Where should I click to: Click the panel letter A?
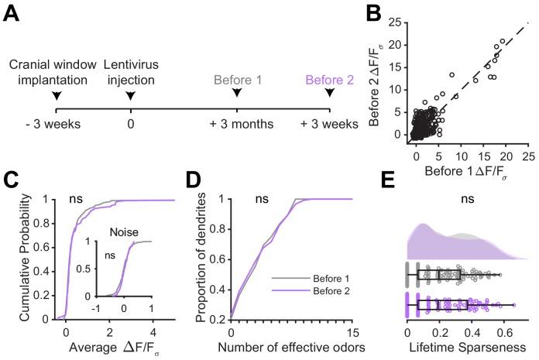[13, 16]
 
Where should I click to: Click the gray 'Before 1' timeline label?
[236, 77]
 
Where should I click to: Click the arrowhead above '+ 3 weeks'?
[331, 94]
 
